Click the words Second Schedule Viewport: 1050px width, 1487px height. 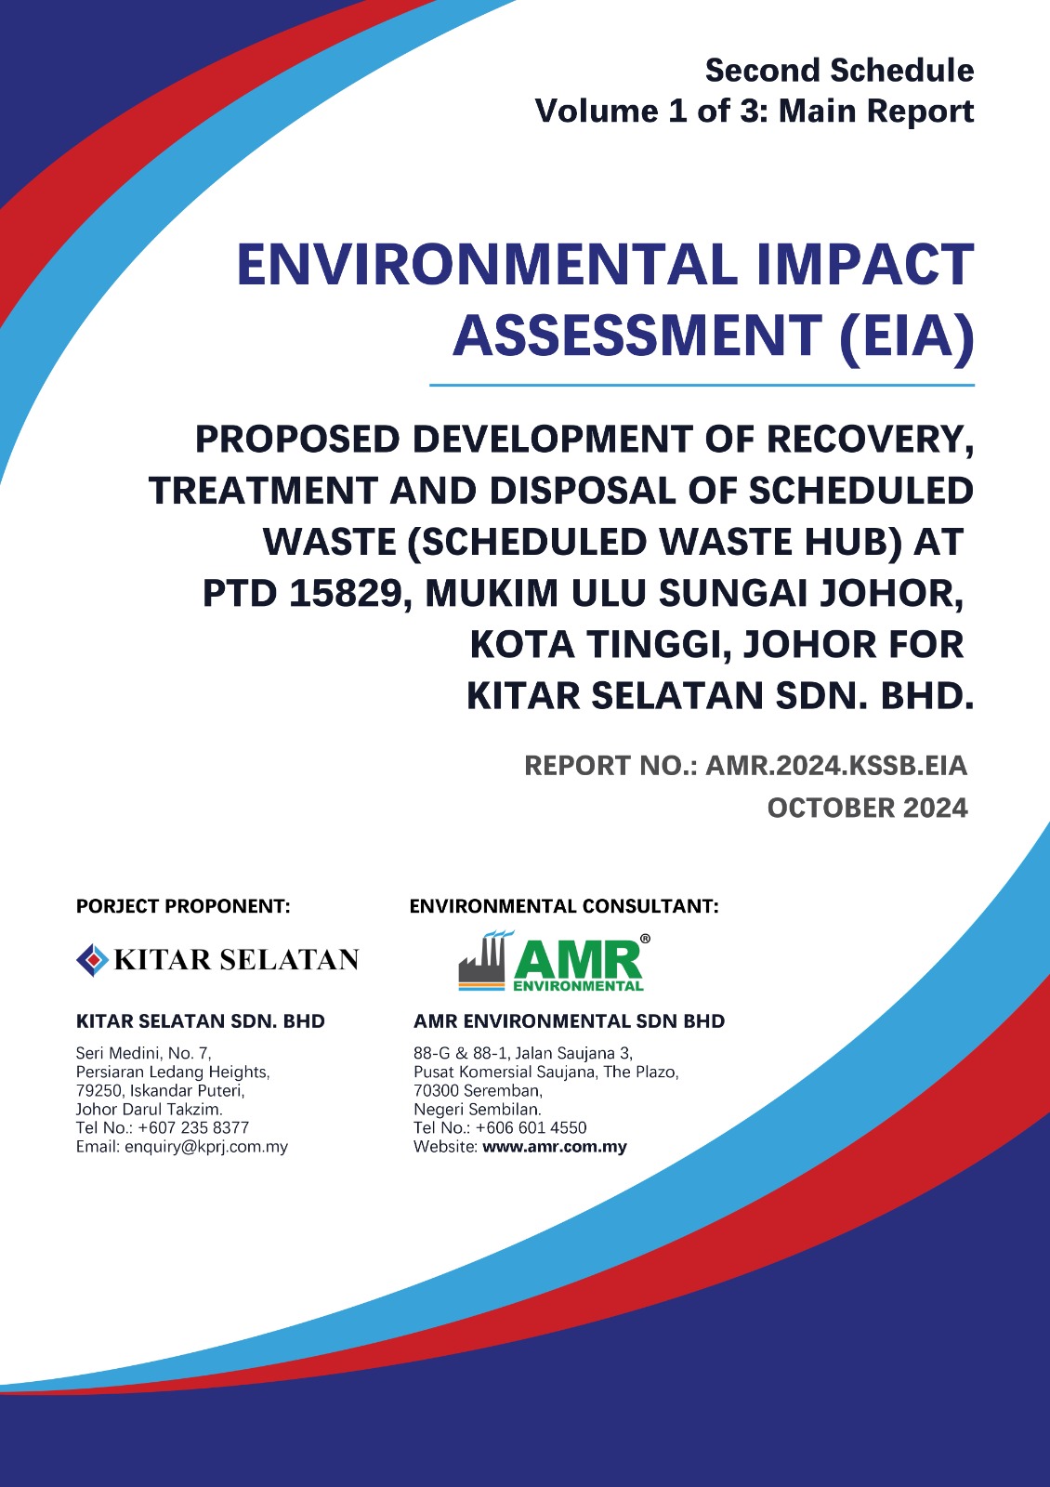tap(839, 71)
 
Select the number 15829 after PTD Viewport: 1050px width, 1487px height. tap(346, 593)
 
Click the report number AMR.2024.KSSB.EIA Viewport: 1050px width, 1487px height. tap(835, 766)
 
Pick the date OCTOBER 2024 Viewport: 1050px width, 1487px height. tap(868, 808)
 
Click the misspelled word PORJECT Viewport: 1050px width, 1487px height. tap(117, 906)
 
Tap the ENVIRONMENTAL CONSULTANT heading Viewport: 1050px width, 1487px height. tap(563, 906)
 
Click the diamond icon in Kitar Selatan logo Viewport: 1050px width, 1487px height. tap(92, 960)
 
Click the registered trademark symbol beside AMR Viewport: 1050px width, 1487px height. tap(645, 939)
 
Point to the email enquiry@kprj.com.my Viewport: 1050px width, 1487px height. tap(206, 1147)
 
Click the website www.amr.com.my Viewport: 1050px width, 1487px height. tap(554, 1147)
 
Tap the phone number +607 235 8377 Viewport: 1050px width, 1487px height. tap(193, 1127)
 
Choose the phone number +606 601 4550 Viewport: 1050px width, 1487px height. tap(531, 1127)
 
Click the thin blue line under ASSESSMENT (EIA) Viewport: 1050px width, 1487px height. tap(702, 385)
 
